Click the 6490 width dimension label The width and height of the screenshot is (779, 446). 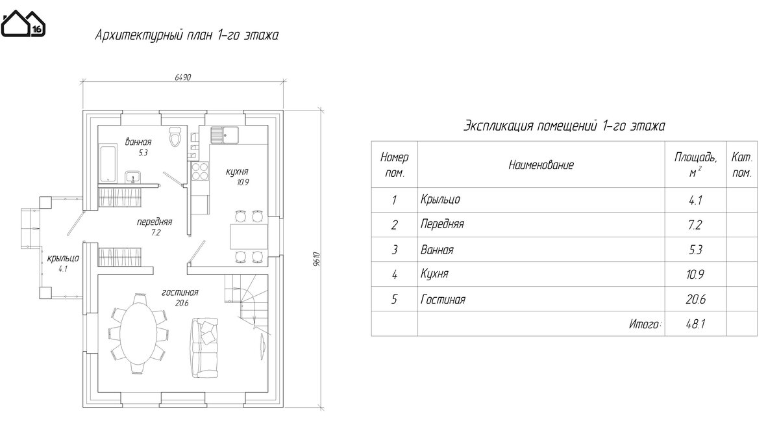(x=182, y=77)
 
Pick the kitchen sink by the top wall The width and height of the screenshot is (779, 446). (x=223, y=135)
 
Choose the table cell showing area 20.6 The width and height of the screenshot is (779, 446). (x=695, y=300)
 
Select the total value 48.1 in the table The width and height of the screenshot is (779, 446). (x=695, y=324)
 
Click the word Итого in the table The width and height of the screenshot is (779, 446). (x=645, y=324)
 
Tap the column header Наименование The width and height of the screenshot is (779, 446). (x=541, y=165)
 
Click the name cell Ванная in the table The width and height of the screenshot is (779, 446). (x=437, y=250)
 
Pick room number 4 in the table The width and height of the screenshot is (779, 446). (x=394, y=275)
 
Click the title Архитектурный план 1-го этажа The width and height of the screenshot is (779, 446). (x=186, y=35)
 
